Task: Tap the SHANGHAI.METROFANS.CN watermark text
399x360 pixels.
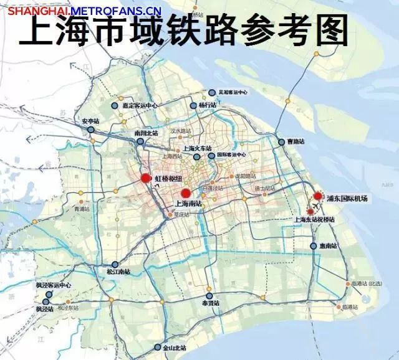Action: [x=85, y=10]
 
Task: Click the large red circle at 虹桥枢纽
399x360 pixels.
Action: [x=146, y=179]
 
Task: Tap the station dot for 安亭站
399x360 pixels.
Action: [x=91, y=130]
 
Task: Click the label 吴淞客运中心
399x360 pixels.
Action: [x=233, y=92]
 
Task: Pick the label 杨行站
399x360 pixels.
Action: [x=207, y=106]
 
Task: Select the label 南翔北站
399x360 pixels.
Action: [x=147, y=133]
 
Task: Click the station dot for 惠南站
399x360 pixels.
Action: [x=314, y=246]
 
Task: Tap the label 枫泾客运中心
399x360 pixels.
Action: [x=53, y=285]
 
